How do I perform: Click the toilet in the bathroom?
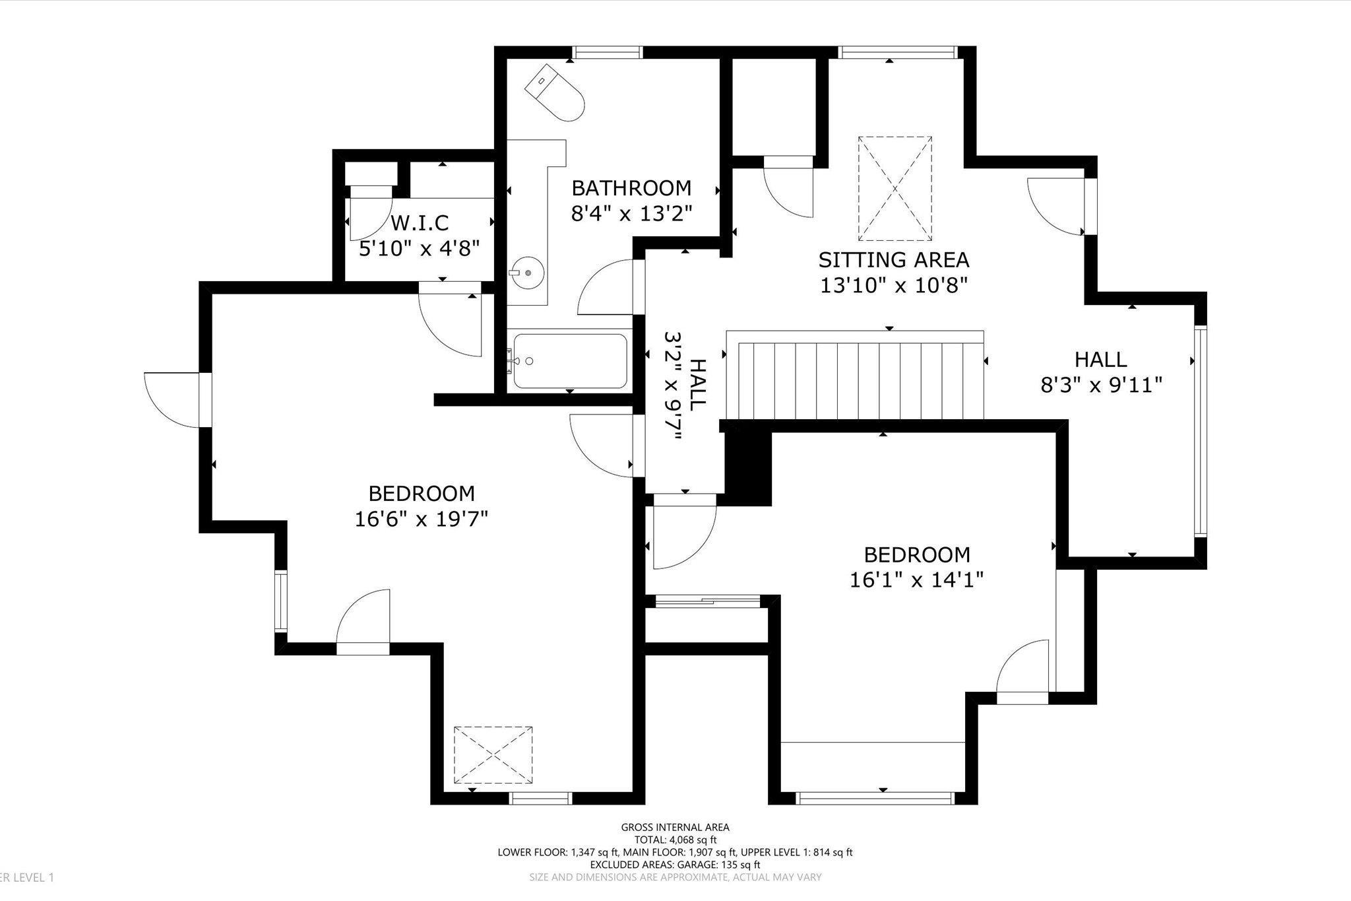pyautogui.click(x=556, y=93)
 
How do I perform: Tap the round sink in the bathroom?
pyautogui.click(x=527, y=272)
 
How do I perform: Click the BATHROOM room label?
pyautogui.click(x=631, y=188)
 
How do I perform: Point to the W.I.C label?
pyautogui.click(x=420, y=222)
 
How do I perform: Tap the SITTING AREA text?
pyautogui.click(x=893, y=259)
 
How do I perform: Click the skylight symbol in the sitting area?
pyautogui.click(x=895, y=189)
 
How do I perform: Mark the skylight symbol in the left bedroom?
pyautogui.click(x=493, y=754)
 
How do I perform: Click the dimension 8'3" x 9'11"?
pyautogui.click(x=1100, y=385)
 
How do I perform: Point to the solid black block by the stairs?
pyautogui.click(x=748, y=467)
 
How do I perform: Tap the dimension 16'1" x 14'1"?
pyautogui.click(x=916, y=580)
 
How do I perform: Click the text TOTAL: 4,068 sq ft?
pyautogui.click(x=675, y=840)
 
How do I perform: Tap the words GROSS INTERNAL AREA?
pyautogui.click(x=675, y=827)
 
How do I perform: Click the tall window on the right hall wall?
pyautogui.click(x=1200, y=430)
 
